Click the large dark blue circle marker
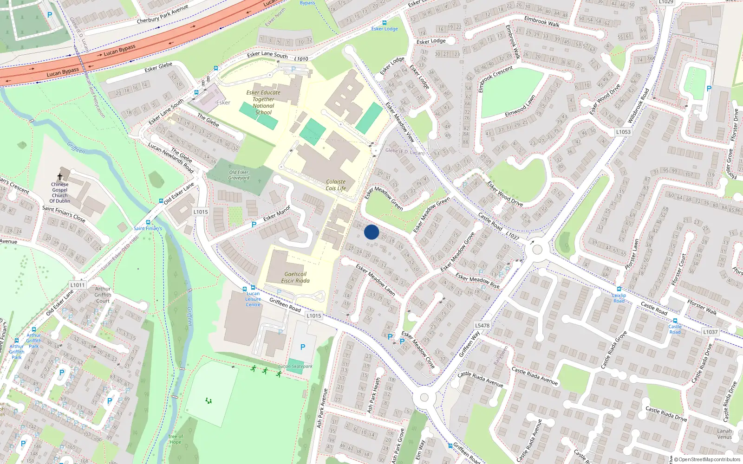371,232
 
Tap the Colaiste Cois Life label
335,185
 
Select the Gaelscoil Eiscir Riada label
295,277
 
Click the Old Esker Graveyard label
239,175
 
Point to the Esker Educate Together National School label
263,103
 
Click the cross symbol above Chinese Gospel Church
59,177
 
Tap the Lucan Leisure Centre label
253,299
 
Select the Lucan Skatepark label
295,367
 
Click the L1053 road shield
623,132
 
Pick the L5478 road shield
482,326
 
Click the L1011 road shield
78,285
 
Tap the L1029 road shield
666,2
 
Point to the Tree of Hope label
176,439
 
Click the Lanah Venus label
724,434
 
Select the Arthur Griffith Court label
103,295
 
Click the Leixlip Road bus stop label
619,298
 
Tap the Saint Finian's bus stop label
148,228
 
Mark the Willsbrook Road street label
639,106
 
